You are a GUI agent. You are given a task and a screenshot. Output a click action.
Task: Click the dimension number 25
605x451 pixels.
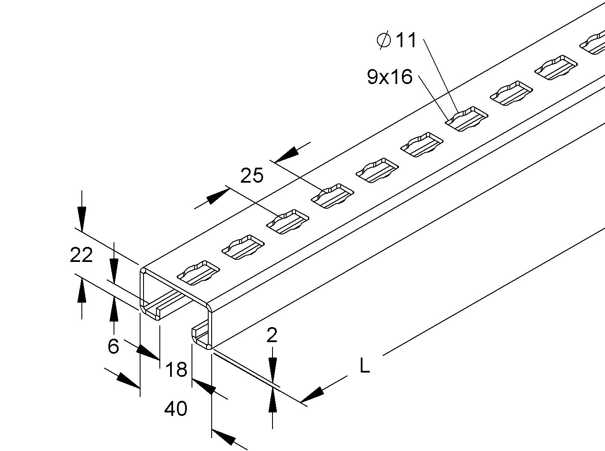(x=252, y=176)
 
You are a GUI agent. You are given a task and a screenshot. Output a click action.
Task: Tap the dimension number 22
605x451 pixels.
(x=81, y=255)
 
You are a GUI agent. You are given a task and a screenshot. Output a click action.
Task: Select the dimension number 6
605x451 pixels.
(x=113, y=346)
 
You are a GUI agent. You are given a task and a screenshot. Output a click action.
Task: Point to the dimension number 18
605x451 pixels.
(x=176, y=369)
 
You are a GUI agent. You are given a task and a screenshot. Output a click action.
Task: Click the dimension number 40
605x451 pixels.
(x=176, y=409)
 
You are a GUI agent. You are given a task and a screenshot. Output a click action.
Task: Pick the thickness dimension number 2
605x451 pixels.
(x=272, y=335)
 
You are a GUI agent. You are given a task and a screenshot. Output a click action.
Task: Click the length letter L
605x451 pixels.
(x=365, y=366)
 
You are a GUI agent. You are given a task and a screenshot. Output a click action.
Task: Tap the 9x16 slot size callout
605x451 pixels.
(x=389, y=77)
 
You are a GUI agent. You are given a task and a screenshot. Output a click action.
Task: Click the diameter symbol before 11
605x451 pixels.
(x=383, y=40)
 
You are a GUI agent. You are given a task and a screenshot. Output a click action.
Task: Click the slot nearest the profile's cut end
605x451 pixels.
(x=198, y=273)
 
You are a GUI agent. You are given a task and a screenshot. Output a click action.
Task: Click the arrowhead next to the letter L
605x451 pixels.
(x=313, y=395)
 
